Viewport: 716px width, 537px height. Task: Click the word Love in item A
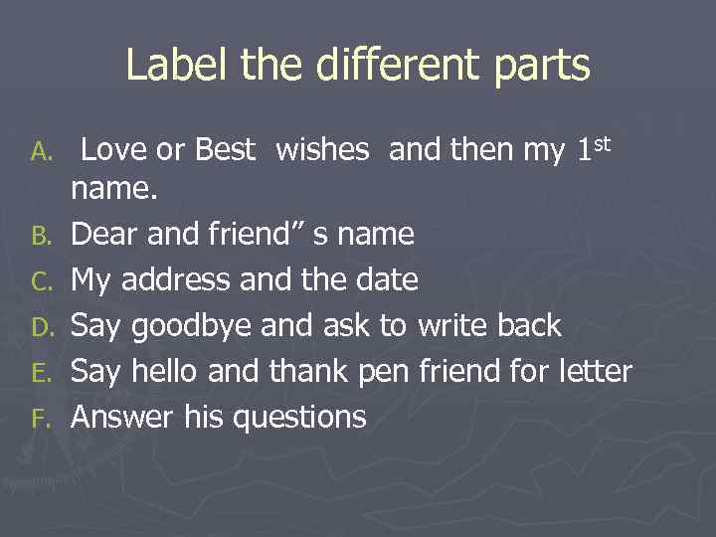point(114,150)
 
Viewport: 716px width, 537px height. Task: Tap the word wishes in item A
point(322,150)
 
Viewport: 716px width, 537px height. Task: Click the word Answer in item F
point(124,418)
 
